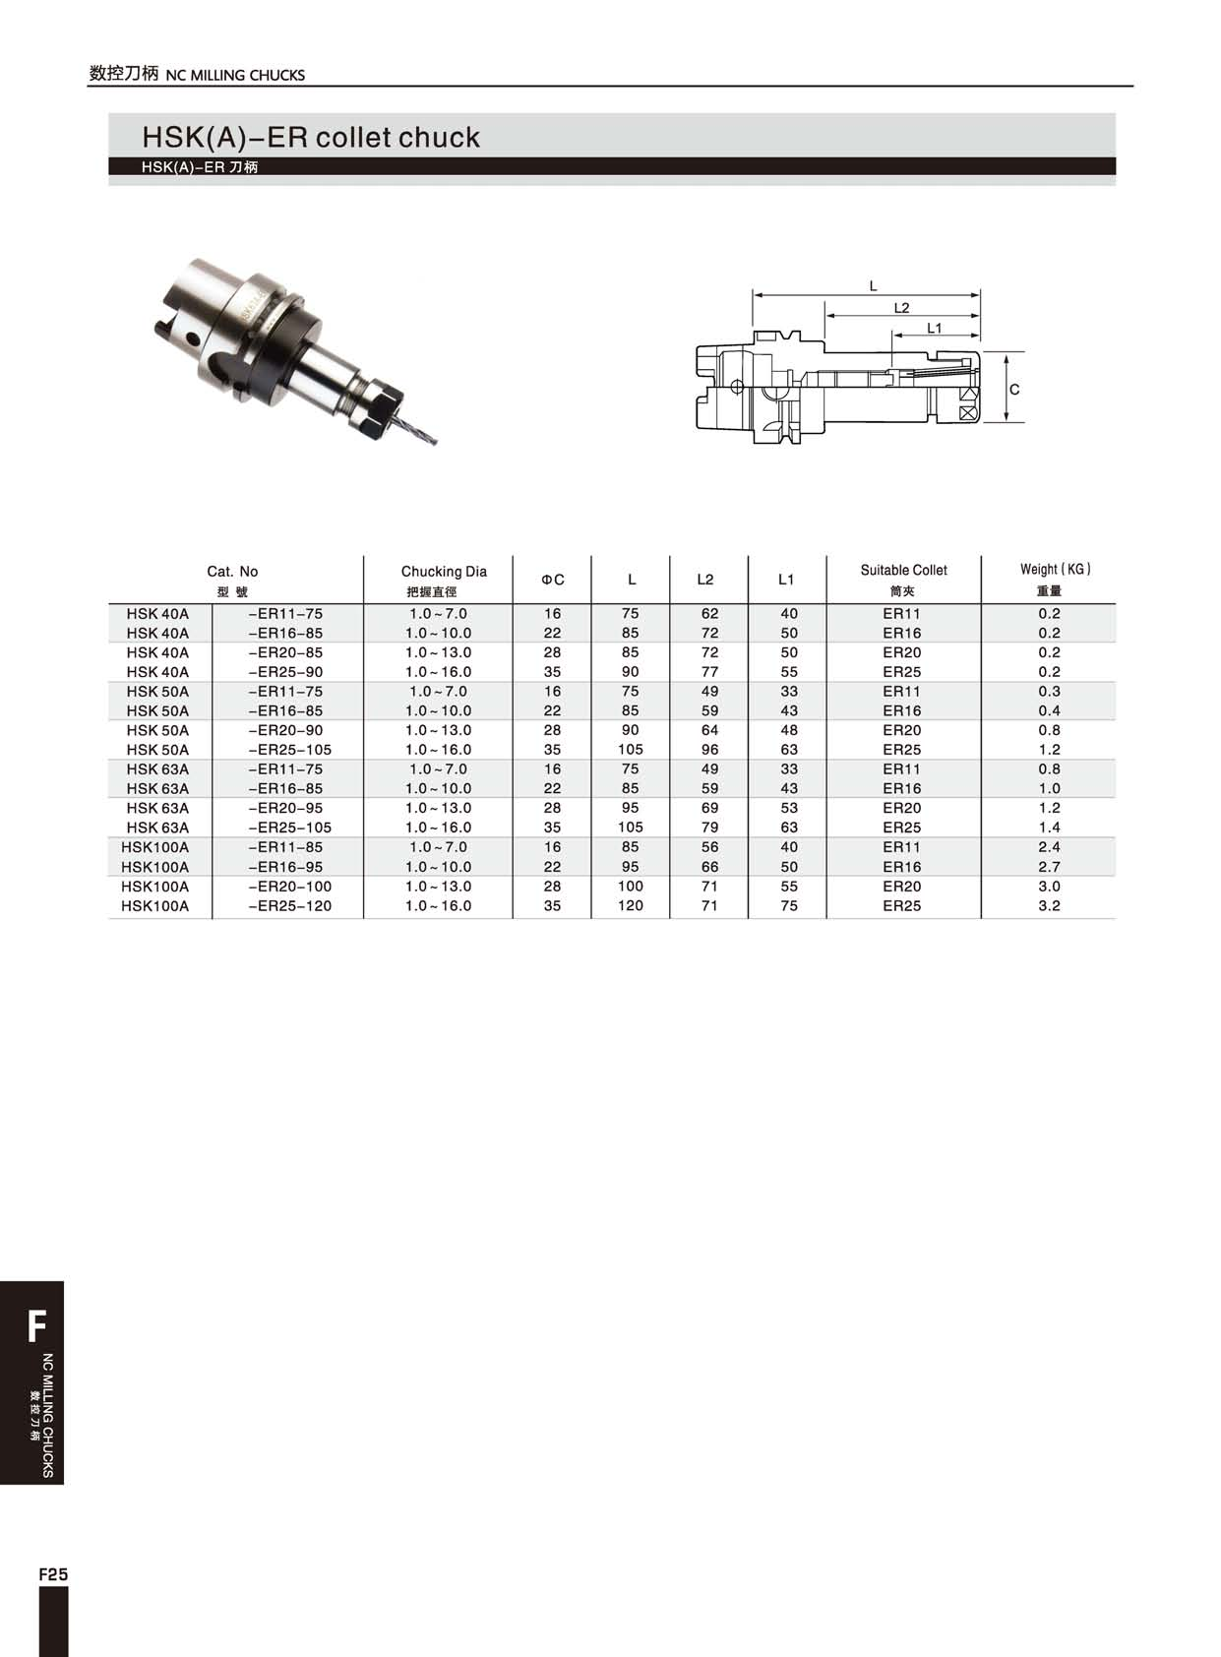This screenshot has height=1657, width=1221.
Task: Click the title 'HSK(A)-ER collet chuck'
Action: pos(311,137)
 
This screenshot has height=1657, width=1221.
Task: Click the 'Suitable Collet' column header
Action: pos(903,571)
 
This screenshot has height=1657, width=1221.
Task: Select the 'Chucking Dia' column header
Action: pos(444,572)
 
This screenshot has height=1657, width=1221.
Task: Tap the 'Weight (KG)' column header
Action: pos(1055,570)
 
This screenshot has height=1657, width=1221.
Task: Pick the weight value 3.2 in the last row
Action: pos(1049,906)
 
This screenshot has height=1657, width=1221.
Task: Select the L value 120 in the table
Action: pos(631,906)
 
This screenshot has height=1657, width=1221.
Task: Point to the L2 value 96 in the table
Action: pos(709,750)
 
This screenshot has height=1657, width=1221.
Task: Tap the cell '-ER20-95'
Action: pos(285,808)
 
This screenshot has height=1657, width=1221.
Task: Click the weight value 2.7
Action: pos(1049,867)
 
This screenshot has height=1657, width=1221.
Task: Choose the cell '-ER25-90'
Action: pos(285,672)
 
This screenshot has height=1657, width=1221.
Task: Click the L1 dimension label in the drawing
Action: pos(934,329)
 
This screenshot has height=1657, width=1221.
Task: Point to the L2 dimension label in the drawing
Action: pos(901,308)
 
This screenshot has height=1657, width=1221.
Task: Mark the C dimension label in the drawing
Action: pos(1014,390)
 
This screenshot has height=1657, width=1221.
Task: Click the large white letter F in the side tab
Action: pos(36,1326)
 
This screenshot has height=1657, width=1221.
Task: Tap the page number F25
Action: pos(53,1574)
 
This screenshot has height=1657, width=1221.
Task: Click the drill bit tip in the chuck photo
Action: pos(433,441)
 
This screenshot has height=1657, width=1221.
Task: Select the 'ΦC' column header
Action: pos(552,580)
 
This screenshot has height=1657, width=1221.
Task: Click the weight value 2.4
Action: pos(1049,847)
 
